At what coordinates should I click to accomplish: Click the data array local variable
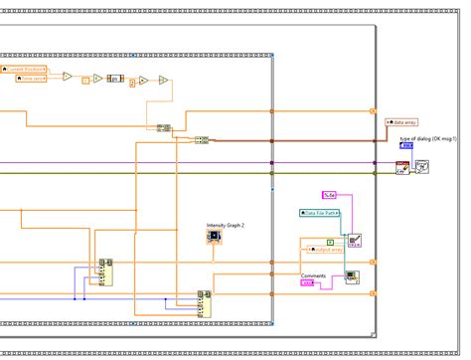tap(405, 120)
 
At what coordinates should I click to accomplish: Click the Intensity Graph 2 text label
tap(225, 226)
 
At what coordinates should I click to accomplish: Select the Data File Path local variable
tap(321, 213)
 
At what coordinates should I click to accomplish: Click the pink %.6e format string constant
tap(331, 194)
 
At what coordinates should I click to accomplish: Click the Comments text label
tap(314, 275)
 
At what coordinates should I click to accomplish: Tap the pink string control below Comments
tap(310, 284)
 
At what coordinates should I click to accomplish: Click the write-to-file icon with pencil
tap(355, 239)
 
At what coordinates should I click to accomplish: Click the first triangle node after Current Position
tap(68, 76)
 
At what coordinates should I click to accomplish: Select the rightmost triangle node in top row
tap(160, 84)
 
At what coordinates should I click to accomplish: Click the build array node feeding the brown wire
tap(201, 141)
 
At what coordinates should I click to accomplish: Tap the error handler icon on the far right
tap(421, 165)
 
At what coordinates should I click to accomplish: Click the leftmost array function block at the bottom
tap(103, 270)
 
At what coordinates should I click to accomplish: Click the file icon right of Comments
tap(352, 278)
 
